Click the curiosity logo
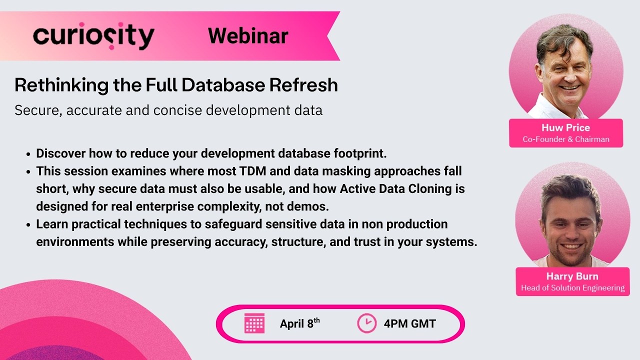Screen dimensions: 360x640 pyautogui.click(x=93, y=36)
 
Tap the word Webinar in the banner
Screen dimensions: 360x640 pyautogui.click(x=248, y=35)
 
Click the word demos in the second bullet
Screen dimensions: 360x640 pyautogui.click(x=327, y=206)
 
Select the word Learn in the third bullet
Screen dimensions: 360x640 pyautogui.click(x=50, y=224)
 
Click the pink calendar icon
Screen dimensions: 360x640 pyautogui.click(x=254, y=323)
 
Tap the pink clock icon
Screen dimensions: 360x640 pyautogui.click(x=366, y=323)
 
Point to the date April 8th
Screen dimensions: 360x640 pyautogui.click(x=299, y=323)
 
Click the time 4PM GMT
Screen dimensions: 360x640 pyautogui.click(x=409, y=323)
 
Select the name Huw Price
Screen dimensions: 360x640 pyautogui.click(x=565, y=127)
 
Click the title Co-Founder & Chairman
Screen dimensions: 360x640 pyautogui.click(x=566, y=139)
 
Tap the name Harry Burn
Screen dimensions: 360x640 pyautogui.click(x=572, y=276)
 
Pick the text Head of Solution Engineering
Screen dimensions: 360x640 pyautogui.click(x=572, y=288)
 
